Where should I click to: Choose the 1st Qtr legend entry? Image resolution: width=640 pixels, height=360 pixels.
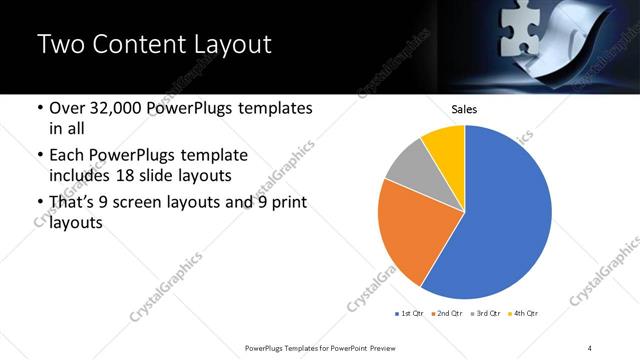411,313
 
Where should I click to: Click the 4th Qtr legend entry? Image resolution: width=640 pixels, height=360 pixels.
523,313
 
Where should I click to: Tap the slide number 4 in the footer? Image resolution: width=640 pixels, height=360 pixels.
590,347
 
